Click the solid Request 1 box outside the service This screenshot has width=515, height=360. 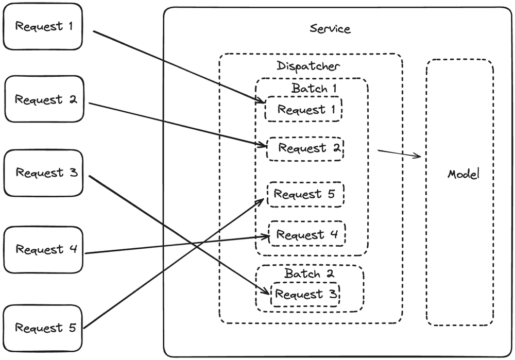click(x=43, y=26)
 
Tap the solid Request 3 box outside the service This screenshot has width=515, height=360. click(x=43, y=173)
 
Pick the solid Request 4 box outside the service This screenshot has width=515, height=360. click(x=43, y=250)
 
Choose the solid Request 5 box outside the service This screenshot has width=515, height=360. click(x=43, y=328)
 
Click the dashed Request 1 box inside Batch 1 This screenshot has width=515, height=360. click(x=303, y=110)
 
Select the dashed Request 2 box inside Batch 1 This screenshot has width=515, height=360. click(x=305, y=148)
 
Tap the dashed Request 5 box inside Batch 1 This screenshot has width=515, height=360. click(x=305, y=195)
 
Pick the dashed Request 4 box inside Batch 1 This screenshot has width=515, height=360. click(x=307, y=235)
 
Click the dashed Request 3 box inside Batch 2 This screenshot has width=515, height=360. click(x=305, y=295)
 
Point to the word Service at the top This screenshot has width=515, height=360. click(x=330, y=28)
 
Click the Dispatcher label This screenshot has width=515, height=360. click(x=308, y=66)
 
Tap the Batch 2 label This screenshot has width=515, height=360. click(x=310, y=273)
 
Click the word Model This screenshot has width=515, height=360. click(x=462, y=174)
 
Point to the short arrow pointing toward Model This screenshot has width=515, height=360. click(x=400, y=153)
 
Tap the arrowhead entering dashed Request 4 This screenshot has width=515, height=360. click(x=266, y=236)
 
